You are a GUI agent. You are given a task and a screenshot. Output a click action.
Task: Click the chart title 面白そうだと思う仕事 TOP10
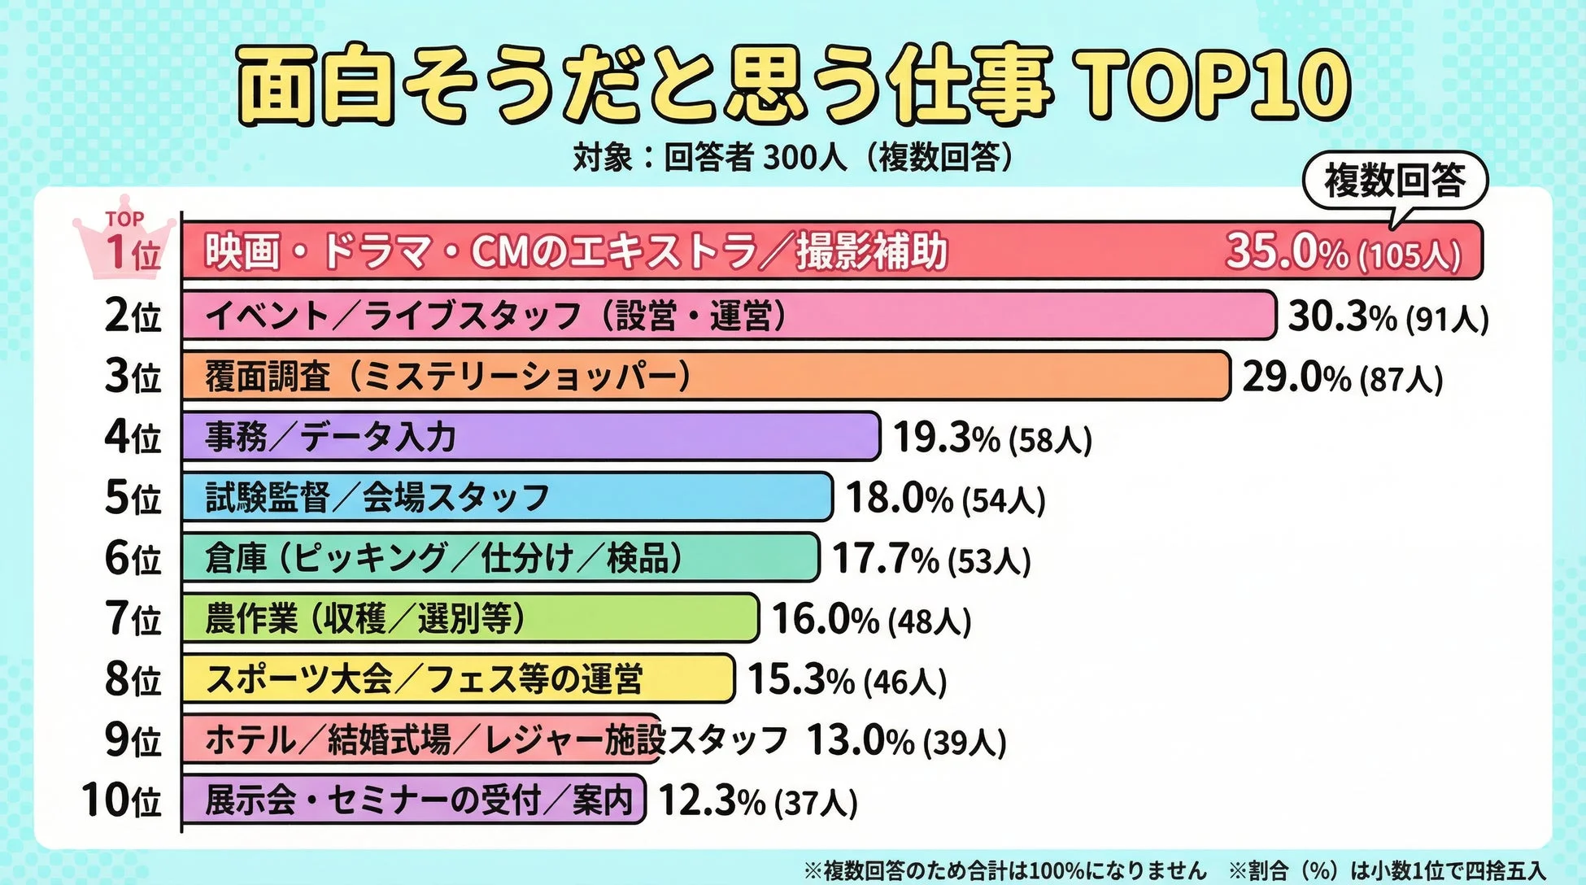pyautogui.click(x=793, y=85)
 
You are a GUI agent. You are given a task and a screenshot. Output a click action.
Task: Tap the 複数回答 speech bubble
pyautogui.click(x=1395, y=181)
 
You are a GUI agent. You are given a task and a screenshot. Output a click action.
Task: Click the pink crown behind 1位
pyautogui.click(x=124, y=236)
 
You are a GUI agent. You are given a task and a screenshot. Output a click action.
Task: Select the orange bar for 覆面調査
pyautogui.click(x=705, y=376)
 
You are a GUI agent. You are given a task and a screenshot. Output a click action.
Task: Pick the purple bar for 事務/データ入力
pyautogui.click(x=530, y=437)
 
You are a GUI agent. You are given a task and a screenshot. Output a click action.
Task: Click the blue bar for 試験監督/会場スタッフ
pyautogui.click(x=507, y=497)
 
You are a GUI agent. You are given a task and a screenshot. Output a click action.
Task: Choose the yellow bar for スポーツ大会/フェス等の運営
pyautogui.click(x=458, y=678)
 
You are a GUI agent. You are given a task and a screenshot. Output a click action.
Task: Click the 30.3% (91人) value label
pyautogui.click(x=1388, y=316)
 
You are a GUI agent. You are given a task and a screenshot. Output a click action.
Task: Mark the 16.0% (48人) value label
pyautogui.click(x=871, y=619)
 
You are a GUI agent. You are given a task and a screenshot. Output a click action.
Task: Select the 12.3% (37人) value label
pyautogui.click(x=757, y=800)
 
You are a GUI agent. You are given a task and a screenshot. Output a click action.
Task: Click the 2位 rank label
pyautogui.click(x=133, y=316)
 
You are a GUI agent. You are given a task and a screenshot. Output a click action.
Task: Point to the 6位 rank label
pyautogui.click(x=133, y=558)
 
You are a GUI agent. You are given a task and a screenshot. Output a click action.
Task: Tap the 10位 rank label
pyautogui.click(x=122, y=800)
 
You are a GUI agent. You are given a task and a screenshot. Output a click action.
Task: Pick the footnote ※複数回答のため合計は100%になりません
pyautogui.click(x=1005, y=870)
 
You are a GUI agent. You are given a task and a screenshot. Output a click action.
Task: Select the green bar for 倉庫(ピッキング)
pyautogui.click(x=500, y=558)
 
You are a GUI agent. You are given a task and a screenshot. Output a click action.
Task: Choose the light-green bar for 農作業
pyautogui.click(x=470, y=618)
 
